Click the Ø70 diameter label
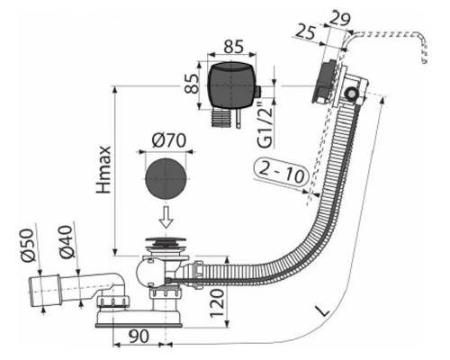pos(169,140)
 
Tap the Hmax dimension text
pos(104,170)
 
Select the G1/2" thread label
pos(265,125)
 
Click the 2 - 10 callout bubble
pos(282,172)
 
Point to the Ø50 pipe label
pos(29,246)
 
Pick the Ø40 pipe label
pos(67,242)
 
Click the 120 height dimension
pos(217,303)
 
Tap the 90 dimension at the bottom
pos(138,337)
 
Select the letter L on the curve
pos(322,311)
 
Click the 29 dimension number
pos(339,18)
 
